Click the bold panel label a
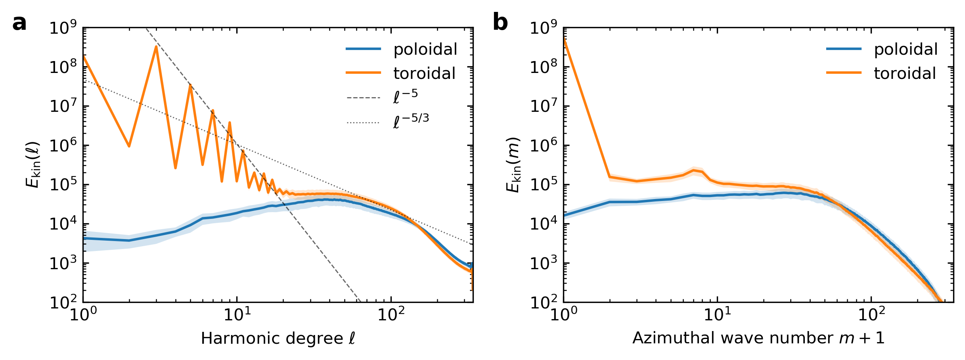point(19,23)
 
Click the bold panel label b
point(500,23)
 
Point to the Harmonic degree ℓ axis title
point(278,339)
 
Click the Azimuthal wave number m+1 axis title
point(758,338)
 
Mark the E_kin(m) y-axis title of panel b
point(514,165)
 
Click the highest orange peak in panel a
point(156,47)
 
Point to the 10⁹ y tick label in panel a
point(63,29)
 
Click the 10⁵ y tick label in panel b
point(544,185)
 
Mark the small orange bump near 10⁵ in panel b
point(694,170)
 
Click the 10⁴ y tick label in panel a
point(63,224)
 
